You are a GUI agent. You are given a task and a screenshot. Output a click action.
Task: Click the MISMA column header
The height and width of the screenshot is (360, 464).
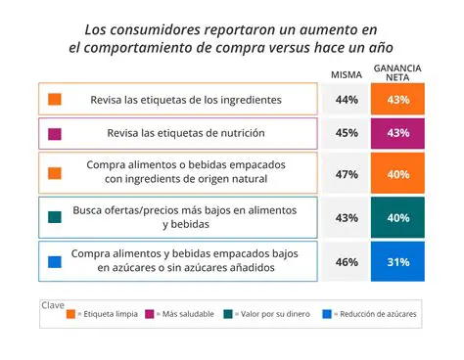click(346, 75)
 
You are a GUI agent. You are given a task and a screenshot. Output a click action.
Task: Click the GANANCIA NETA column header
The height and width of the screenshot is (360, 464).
click(397, 71)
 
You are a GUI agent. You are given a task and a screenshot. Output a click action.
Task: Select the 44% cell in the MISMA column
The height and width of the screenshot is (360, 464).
click(346, 100)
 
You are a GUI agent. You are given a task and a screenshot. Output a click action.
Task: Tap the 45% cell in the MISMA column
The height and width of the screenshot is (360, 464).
click(346, 133)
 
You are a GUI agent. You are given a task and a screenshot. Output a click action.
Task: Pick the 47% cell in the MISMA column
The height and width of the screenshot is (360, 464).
click(346, 173)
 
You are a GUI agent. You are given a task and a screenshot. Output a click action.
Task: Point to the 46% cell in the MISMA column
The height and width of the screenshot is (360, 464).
click(346, 262)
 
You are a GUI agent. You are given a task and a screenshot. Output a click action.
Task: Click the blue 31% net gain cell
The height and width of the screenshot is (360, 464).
click(397, 262)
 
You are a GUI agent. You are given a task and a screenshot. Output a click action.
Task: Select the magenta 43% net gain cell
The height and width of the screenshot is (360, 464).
click(397, 133)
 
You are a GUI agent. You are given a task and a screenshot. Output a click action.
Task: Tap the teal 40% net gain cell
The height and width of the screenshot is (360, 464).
click(397, 217)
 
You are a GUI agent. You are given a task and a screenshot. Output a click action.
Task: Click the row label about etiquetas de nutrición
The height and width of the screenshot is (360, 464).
click(185, 133)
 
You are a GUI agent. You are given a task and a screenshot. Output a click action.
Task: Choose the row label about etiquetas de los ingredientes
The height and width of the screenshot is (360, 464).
click(185, 100)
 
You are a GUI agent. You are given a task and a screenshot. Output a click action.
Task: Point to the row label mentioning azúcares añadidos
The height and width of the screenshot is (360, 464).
click(186, 260)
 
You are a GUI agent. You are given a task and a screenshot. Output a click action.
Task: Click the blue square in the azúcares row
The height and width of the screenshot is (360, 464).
click(56, 261)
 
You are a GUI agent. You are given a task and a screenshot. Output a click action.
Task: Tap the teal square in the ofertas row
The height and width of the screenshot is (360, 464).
click(56, 217)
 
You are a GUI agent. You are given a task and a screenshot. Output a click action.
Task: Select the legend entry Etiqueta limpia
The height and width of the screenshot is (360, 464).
click(105, 314)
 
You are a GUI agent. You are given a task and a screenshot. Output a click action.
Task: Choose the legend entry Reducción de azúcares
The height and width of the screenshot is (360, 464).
click(376, 314)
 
